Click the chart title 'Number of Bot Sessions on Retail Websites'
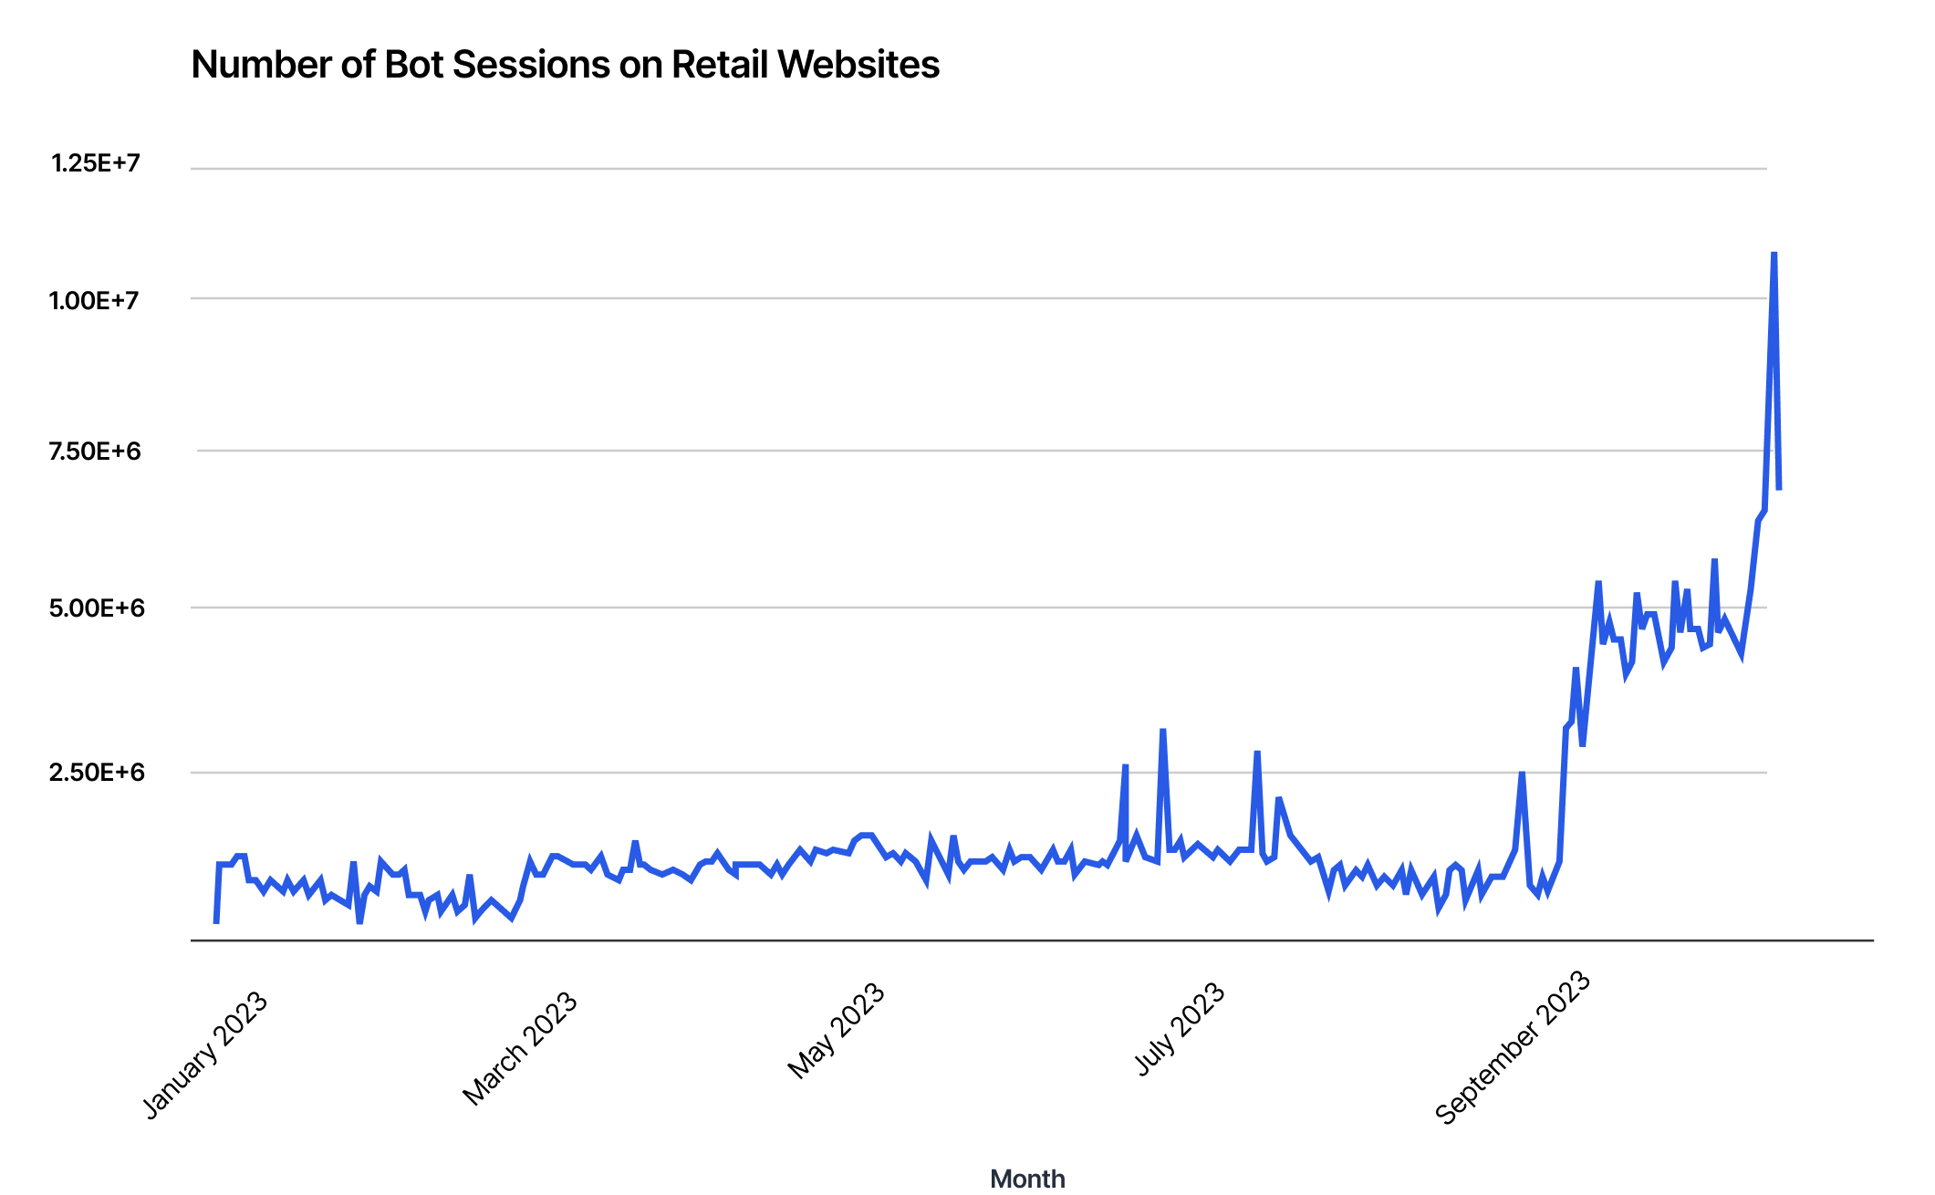tap(565, 65)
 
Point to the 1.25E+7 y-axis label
tap(96, 163)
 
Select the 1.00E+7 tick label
tap(94, 300)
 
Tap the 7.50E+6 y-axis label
tap(95, 452)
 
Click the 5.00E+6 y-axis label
tap(97, 608)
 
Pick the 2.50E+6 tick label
tap(97, 773)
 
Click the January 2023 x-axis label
tap(206, 1055)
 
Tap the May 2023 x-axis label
tap(837, 1031)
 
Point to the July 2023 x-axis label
tap(1180, 1029)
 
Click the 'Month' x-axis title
tap(1027, 1179)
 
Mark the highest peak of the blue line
tap(1774, 253)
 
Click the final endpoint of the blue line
tap(1779, 490)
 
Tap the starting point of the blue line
tap(216, 923)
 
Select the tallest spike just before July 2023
tap(1162, 730)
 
